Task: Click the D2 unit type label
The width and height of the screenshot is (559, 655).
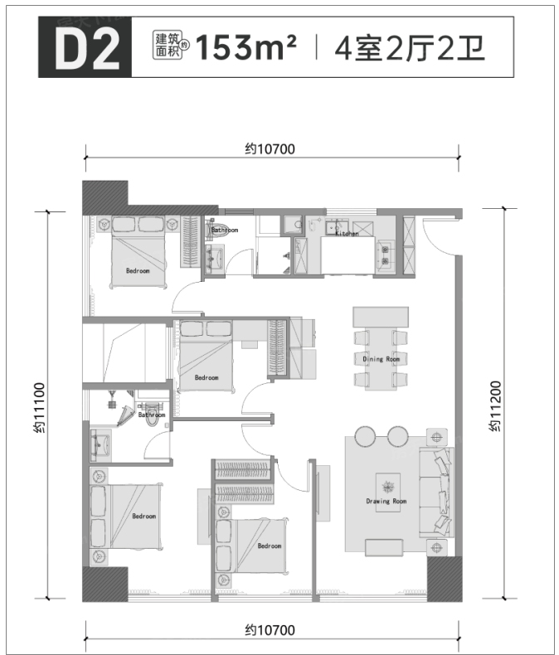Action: pos(87,47)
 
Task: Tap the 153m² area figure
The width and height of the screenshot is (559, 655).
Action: pos(245,46)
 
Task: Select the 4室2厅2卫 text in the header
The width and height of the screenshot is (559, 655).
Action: pos(410,48)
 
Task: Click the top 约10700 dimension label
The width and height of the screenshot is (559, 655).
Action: pos(270,149)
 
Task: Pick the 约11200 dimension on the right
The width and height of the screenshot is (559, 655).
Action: pos(495,406)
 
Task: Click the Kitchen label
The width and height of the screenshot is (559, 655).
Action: pos(347,234)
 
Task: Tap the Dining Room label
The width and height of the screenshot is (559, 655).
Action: pos(381,359)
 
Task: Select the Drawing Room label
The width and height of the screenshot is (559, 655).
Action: pos(386,501)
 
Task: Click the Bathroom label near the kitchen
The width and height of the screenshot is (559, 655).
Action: pos(225,230)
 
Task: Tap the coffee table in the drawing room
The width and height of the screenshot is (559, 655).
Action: pos(387,489)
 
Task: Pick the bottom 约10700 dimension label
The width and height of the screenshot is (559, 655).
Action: pos(270,629)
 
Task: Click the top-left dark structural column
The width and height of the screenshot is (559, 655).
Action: pos(105,196)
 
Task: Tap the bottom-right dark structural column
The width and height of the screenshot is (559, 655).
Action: pos(445,579)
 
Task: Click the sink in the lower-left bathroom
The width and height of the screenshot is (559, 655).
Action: pos(100,445)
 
